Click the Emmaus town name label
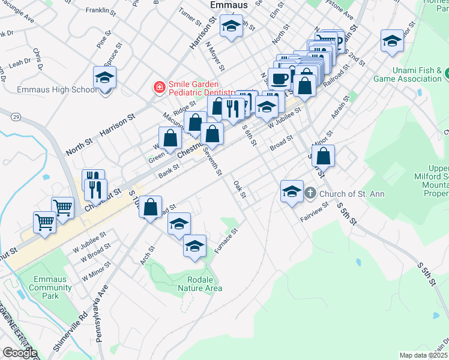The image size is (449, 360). pyautogui.click(x=228, y=5)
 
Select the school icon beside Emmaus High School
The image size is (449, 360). pyautogui.click(x=105, y=78)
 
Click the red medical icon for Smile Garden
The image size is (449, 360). pyautogui.click(x=160, y=88)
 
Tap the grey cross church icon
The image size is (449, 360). pyautogui.click(x=310, y=193)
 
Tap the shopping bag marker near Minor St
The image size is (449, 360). pyautogui.click(x=323, y=157)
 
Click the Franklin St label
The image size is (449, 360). pyautogui.click(x=101, y=11)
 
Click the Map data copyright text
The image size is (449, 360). pyautogui.click(x=424, y=355)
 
